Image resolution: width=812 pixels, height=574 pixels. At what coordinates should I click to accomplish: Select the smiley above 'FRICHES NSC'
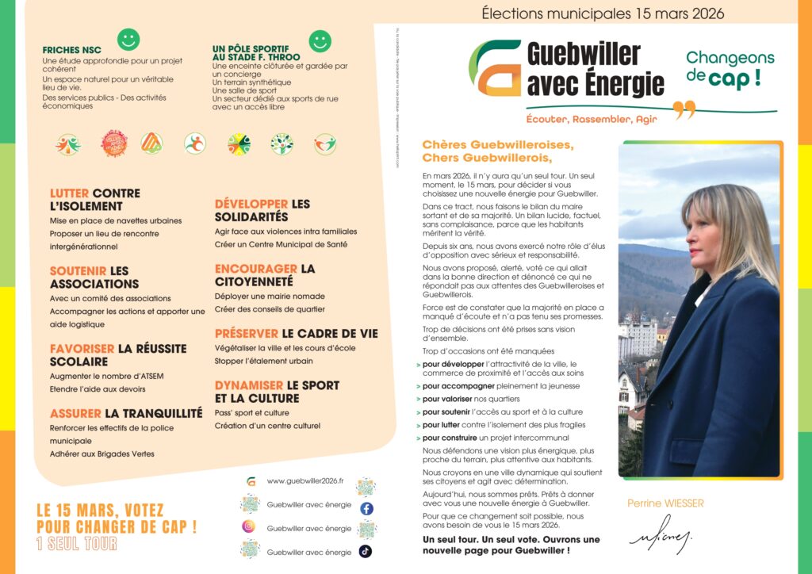[x=128, y=39]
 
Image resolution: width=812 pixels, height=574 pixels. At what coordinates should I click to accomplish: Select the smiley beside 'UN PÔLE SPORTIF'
[x=320, y=40]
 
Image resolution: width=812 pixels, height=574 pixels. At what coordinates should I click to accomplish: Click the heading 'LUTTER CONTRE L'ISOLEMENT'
[x=95, y=199]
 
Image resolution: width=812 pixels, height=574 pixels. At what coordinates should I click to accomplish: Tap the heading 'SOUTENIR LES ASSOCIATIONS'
[x=94, y=277]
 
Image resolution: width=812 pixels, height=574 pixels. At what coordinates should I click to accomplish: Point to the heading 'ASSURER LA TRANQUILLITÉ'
[x=126, y=413]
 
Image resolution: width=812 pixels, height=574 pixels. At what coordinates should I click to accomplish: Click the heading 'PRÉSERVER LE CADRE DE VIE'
[x=296, y=334]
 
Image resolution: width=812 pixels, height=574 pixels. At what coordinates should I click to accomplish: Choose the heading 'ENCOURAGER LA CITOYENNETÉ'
[x=264, y=274]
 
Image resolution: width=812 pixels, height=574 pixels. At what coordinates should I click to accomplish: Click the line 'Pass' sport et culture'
[x=251, y=413]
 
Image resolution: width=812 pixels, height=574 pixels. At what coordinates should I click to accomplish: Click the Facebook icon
[x=366, y=508]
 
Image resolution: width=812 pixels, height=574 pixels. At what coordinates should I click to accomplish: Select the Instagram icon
[x=249, y=527]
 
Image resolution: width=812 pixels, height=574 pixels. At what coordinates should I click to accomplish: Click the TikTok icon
[x=366, y=551]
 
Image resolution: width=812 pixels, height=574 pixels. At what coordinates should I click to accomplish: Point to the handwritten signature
[x=660, y=538]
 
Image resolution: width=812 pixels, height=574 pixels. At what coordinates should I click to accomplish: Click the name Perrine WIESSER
[x=665, y=503]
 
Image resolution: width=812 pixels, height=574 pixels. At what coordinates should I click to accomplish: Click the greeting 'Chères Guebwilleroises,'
[x=497, y=145]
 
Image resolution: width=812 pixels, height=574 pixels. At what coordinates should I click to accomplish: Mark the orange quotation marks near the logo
[x=684, y=109]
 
